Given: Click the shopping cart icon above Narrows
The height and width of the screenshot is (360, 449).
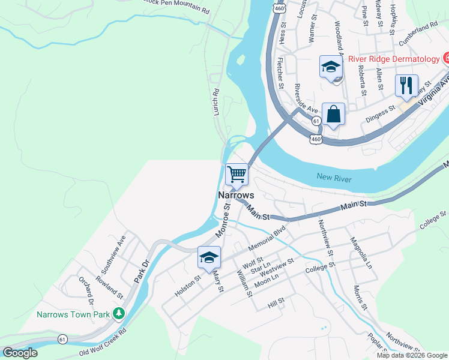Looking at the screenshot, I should [237, 175].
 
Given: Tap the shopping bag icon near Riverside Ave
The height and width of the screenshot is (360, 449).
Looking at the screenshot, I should [333, 114].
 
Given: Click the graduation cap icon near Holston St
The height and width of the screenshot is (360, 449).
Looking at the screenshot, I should [208, 258].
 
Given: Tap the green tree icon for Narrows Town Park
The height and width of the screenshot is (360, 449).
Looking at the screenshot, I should [119, 314].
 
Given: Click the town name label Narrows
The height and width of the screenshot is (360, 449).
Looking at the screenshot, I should [236, 196].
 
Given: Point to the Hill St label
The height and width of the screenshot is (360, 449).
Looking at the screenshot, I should [276, 305].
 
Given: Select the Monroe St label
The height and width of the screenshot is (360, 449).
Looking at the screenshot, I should [222, 221].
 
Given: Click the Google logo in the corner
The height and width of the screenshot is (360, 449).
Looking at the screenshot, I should [20, 353].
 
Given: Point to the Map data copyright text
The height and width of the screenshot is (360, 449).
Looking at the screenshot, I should [411, 355].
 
